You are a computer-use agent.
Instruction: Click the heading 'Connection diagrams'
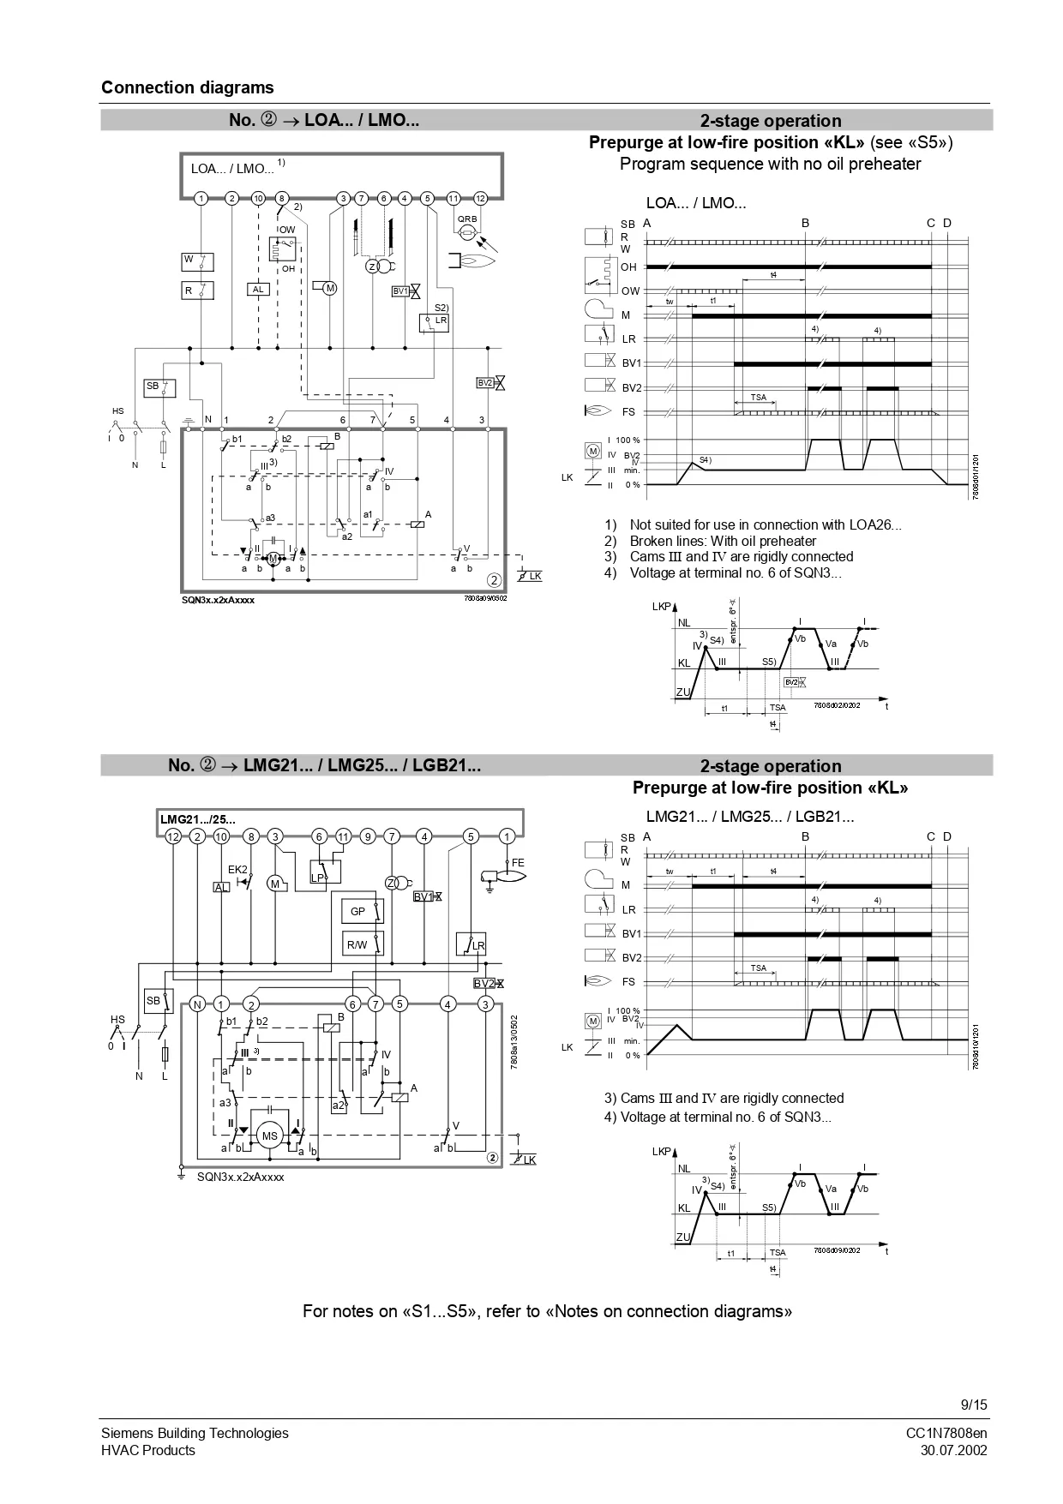coord(187,87)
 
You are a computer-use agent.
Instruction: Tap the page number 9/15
coord(974,1404)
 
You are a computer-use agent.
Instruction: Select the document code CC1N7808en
coord(946,1433)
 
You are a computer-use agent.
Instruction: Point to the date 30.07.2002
coord(953,1450)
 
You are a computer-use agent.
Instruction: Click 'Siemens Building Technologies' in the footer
coord(195,1433)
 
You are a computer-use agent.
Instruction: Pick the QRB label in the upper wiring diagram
coord(467,219)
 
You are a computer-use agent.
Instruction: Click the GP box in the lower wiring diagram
coord(358,912)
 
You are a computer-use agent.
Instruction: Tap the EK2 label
coord(237,869)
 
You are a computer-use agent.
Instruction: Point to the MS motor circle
coord(270,1136)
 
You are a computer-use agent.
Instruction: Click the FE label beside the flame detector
coord(518,862)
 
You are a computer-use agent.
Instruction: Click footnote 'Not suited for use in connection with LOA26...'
coord(765,524)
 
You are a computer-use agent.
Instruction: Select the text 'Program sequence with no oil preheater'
coord(770,164)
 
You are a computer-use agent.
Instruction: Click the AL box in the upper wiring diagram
coord(258,290)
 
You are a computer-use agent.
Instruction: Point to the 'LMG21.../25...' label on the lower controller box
coord(198,819)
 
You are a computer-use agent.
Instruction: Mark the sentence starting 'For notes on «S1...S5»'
coord(547,1311)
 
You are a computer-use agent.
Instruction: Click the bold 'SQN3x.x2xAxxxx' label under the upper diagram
coord(218,600)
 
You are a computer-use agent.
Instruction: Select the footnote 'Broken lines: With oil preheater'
coord(723,541)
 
